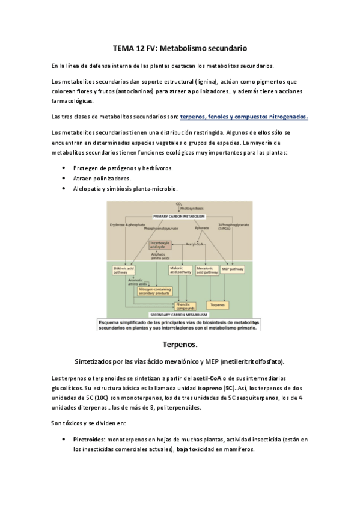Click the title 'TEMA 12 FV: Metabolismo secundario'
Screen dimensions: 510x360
coord(180,46)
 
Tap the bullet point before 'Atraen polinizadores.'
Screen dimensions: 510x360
coord(64,179)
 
